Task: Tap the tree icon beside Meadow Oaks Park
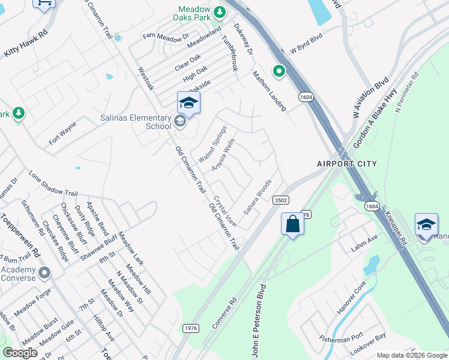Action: click(x=220, y=11)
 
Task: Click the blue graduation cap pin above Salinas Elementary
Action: click(x=188, y=104)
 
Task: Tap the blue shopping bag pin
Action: click(x=292, y=224)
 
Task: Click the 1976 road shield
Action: click(x=191, y=328)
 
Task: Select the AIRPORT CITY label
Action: click(x=347, y=164)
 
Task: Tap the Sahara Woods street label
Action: click(x=258, y=197)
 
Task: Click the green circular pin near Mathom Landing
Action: click(x=279, y=71)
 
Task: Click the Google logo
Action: click(x=20, y=353)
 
